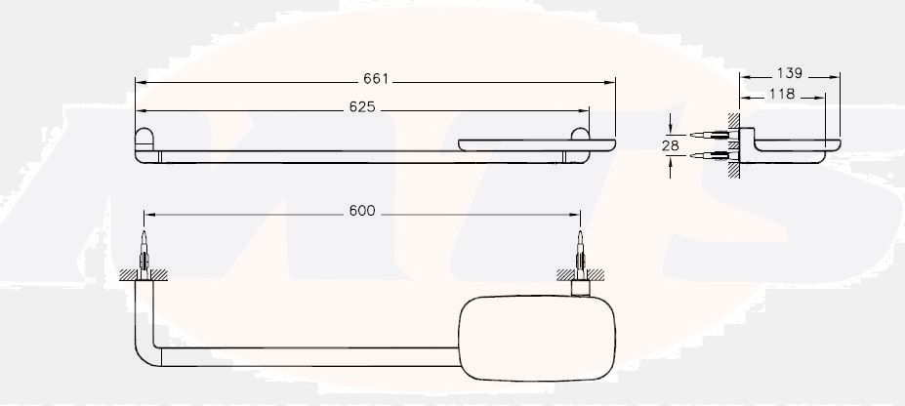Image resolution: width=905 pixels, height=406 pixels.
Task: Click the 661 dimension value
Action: pyautogui.click(x=376, y=79)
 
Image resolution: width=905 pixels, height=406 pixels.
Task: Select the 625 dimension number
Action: pyautogui.click(x=362, y=106)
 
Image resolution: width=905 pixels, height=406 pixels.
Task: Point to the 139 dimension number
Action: pyautogui.click(x=790, y=73)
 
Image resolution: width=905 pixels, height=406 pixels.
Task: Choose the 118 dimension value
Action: pyautogui.click(x=782, y=94)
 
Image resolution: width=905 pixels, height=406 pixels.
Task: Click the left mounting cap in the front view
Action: pyautogui.click(x=144, y=142)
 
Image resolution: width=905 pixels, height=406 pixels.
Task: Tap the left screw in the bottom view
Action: pyautogui.click(x=144, y=249)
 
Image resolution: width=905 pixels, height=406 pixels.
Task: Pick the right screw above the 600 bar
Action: pyautogui.click(x=580, y=248)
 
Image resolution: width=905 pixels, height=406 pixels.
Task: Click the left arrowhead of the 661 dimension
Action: pyautogui.click(x=139, y=81)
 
